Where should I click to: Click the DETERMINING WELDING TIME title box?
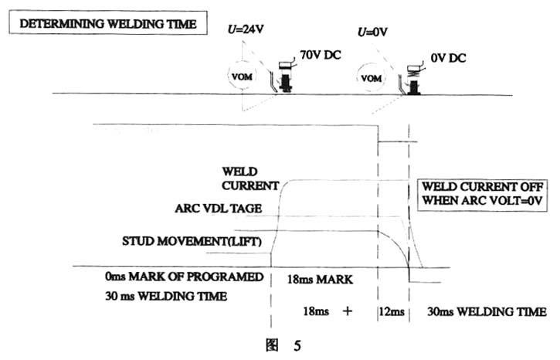click(108, 23)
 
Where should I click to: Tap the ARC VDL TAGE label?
click(219, 207)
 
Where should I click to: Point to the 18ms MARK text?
click(321, 277)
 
